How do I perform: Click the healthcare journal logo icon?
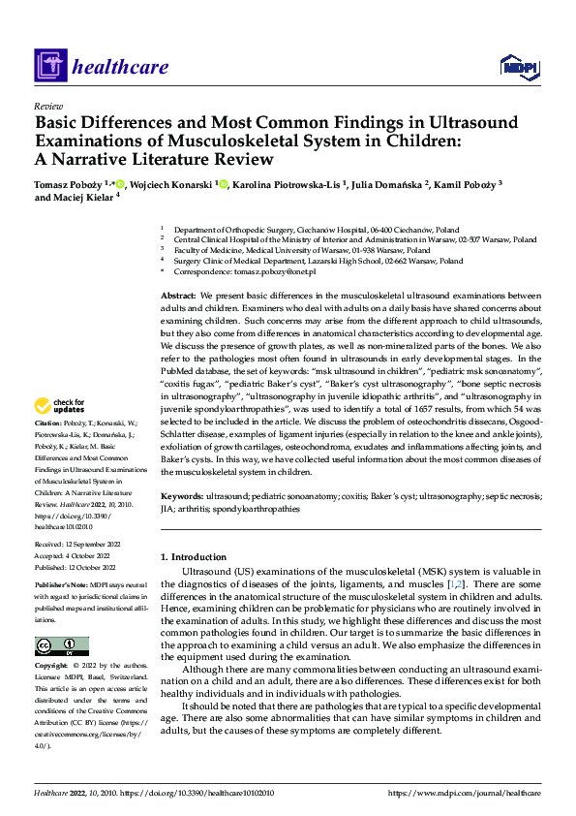[49, 66]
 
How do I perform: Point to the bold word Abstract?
[178, 295]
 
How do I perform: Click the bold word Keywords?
[181, 494]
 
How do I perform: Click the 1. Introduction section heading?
[193, 557]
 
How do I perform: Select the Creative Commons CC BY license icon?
[62, 646]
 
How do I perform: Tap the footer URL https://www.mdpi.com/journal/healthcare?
[464, 793]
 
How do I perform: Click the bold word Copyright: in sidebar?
[51, 667]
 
